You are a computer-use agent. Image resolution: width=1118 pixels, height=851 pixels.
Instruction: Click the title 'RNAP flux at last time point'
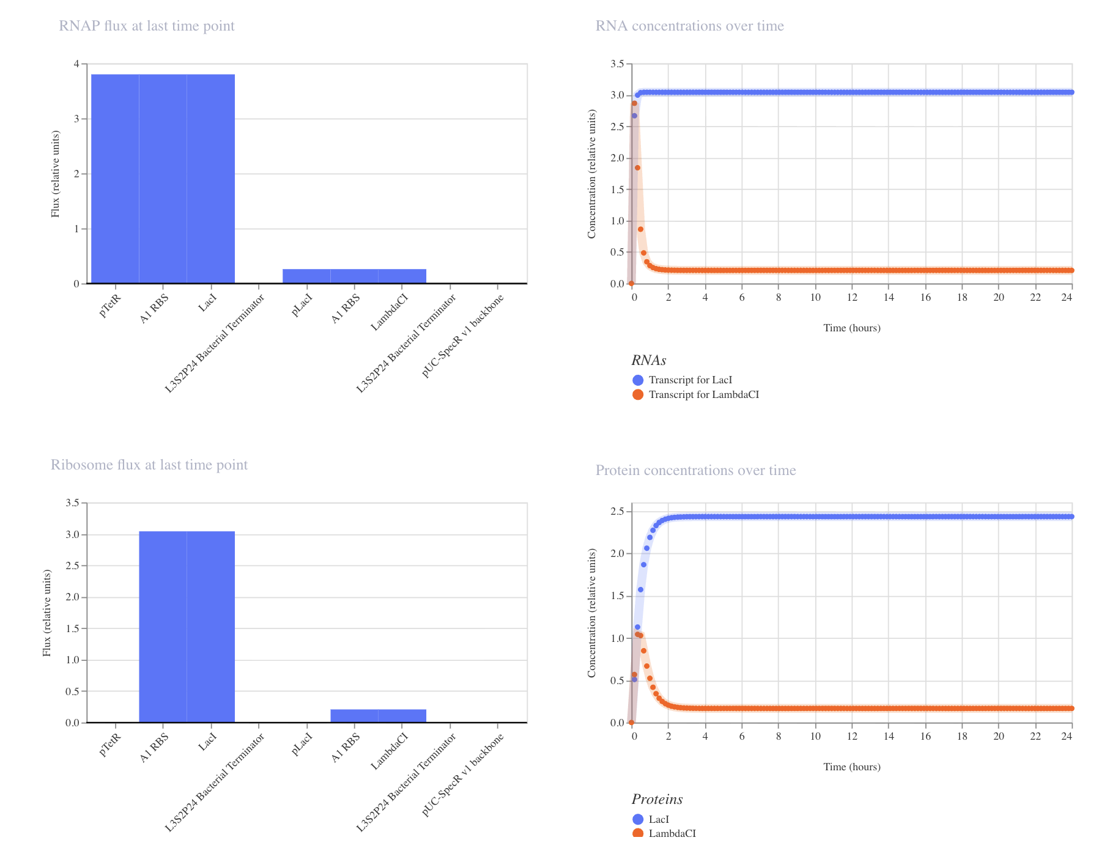(x=147, y=26)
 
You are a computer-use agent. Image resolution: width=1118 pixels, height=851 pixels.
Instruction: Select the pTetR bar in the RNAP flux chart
(x=115, y=179)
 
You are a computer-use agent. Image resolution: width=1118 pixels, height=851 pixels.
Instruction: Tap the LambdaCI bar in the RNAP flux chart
(x=402, y=276)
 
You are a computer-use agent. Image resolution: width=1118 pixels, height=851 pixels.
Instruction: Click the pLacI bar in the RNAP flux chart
(x=306, y=276)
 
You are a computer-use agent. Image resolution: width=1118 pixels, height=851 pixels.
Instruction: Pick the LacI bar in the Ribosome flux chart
(x=211, y=627)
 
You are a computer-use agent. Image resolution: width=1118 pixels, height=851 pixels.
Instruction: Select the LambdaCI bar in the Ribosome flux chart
(x=402, y=716)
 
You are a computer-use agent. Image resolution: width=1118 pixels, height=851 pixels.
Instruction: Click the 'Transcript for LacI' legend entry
(x=683, y=380)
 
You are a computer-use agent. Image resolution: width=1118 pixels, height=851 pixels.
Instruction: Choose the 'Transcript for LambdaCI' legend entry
(x=696, y=395)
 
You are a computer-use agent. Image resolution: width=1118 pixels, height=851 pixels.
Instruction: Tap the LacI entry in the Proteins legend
(x=651, y=819)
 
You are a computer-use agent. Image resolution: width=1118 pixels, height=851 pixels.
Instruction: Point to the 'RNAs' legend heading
(x=649, y=360)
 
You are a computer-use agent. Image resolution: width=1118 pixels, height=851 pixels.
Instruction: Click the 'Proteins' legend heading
(x=657, y=799)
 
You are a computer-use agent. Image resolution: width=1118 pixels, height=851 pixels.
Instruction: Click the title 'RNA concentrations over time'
(x=690, y=26)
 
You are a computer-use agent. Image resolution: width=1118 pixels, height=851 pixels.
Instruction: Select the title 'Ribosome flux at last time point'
(x=149, y=465)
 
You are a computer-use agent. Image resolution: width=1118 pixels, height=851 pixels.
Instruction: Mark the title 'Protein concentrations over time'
(x=696, y=471)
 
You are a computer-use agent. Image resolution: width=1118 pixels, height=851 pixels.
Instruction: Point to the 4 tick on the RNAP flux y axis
(x=76, y=64)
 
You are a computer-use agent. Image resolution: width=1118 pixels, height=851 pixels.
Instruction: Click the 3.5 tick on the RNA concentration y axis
(x=617, y=64)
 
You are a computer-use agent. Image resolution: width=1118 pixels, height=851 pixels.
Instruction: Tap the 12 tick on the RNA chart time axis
(x=852, y=297)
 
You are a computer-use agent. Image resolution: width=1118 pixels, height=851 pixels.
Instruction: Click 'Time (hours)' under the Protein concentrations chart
(x=852, y=767)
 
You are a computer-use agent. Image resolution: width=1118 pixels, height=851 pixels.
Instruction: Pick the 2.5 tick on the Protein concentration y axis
(x=617, y=511)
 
